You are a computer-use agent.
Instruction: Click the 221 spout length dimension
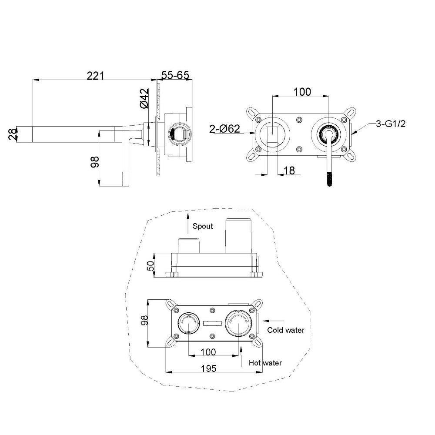[x=95, y=75]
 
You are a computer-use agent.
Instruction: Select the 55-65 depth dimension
[x=175, y=75]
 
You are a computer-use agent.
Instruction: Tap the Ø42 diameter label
[x=144, y=98]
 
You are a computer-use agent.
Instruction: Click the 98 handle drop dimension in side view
[x=94, y=162]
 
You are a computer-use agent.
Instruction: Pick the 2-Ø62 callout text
[x=224, y=129]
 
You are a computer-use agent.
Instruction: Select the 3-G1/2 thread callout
[x=391, y=124]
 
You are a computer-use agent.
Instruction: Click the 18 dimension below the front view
[x=289, y=171]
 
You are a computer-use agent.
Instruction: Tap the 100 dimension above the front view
[x=302, y=91]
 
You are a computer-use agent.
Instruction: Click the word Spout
[x=203, y=226]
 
